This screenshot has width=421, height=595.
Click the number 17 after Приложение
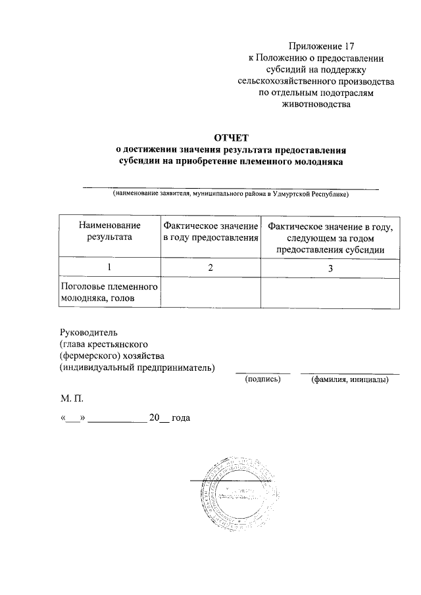(x=348, y=46)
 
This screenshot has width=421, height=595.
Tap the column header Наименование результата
(x=109, y=231)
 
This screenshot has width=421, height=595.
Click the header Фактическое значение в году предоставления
(x=210, y=231)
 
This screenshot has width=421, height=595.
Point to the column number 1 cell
(x=109, y=267)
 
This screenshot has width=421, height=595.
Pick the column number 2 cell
(x=210, y=267)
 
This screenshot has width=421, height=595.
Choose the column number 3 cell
(x=330, y=267)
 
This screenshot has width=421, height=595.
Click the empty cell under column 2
(x=210, y=293)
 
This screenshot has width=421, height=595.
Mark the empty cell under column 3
(x=330, y=293)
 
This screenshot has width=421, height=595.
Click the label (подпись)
(x=262, y=379)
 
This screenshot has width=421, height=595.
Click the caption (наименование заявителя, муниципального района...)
(x=230, y=194)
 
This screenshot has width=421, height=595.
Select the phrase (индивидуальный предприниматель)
(x=137, y=368)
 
